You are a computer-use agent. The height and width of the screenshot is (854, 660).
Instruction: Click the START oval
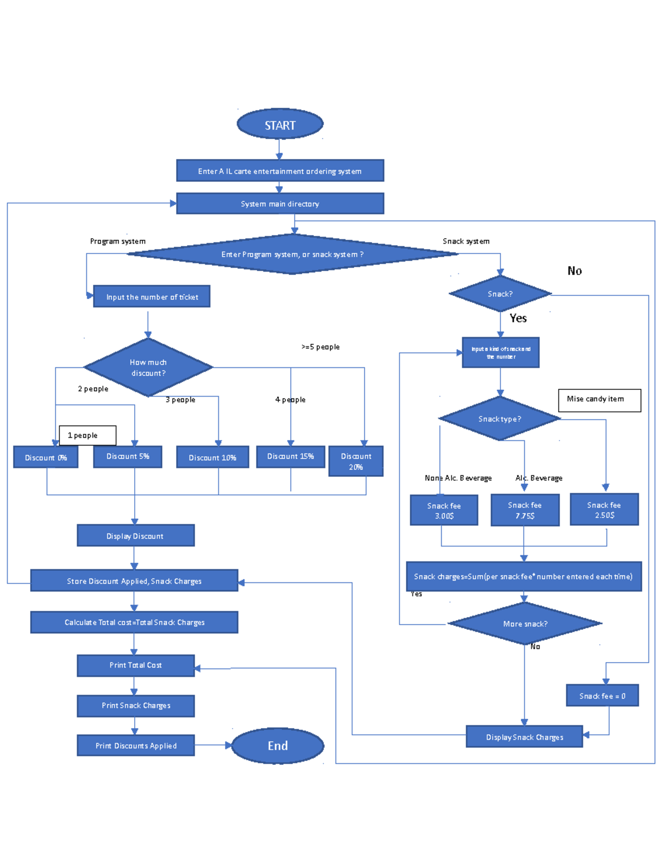[x=280, y=124]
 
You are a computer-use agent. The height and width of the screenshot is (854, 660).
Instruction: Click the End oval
[x=278, y=746]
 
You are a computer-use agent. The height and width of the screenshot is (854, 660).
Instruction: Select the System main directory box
[x=280, y=203]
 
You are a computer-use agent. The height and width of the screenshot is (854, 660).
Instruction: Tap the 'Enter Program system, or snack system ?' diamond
[x=292, y=254]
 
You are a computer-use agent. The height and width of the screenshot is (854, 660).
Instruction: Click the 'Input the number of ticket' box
[x=152, y=296]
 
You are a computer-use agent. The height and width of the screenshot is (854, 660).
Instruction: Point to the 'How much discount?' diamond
[x=148, y=367]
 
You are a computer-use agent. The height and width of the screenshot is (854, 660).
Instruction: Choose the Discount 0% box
[x=46, y=457]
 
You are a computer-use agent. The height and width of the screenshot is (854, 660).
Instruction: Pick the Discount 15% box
[x=290, y=456]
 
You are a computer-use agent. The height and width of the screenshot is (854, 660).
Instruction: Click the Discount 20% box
[x=356, y=461]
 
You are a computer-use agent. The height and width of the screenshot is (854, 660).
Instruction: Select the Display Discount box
[x=135, y=536]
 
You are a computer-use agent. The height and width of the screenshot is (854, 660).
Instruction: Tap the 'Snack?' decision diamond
[x=500, y=294]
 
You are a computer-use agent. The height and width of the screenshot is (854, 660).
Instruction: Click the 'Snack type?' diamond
[x=499, y=418]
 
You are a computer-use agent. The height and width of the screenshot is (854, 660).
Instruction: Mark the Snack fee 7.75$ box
[x=525, y=510]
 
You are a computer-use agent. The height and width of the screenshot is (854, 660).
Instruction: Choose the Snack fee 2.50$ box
[x=604, y=510]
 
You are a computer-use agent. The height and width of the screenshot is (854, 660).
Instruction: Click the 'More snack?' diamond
[x=525, y=624]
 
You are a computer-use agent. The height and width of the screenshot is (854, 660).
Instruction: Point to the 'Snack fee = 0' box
[x=602, y=696]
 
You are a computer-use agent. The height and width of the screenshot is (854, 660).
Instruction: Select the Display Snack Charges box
[x=524, y=737]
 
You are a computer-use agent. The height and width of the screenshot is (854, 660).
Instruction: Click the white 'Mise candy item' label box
[x=599, y=400]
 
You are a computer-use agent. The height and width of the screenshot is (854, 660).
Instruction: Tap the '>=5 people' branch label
[x=321, y=347]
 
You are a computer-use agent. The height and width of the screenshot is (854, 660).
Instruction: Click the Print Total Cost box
[x=135, y=665]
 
